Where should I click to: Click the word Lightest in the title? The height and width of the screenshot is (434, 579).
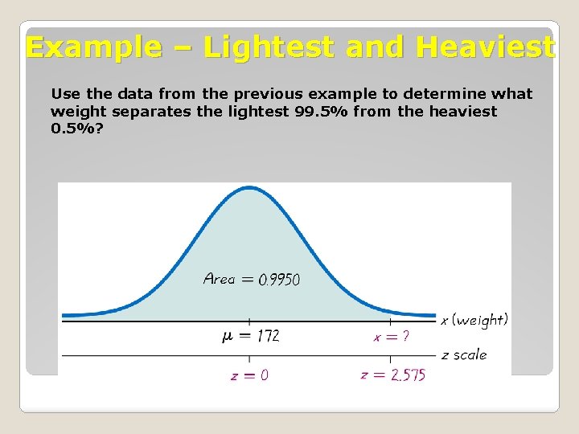click(x=269, y=47)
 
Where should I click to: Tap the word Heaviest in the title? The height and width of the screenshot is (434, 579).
click(x=485, y=47)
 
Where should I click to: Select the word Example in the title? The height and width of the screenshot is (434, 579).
click(x=93, y=47)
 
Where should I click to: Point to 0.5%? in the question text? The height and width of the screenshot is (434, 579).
click(x=76, y=129)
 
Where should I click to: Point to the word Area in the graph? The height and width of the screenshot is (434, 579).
click(x=219, y=279)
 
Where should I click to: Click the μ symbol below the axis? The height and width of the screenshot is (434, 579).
click(x=228, y=336)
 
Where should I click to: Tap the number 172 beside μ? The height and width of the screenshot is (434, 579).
click(x=268, y=336)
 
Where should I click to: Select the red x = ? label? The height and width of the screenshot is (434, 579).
click(x=391, y=337)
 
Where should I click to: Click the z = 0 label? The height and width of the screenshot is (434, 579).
click(x=249, y=375)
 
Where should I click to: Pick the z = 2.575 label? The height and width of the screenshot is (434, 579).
click(x=393, y=375)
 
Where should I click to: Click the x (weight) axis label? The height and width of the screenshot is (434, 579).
click(x=474, y=320)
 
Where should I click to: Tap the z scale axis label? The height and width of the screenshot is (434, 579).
click(x=464, y=354)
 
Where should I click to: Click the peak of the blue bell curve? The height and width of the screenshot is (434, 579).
click(x=248, y=188)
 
